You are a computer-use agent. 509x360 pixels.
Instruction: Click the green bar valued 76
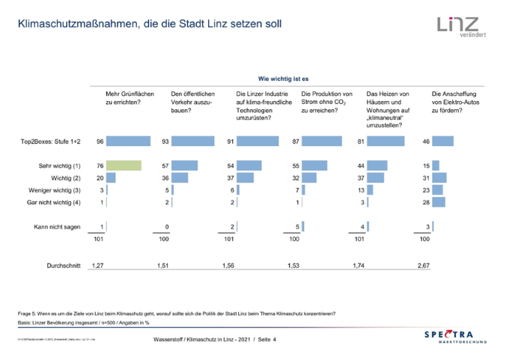[124, 165]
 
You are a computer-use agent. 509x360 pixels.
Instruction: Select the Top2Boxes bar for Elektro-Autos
[443, 141]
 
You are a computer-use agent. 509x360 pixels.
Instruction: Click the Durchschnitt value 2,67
[424, 266]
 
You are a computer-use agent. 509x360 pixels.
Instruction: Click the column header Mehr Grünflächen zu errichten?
[130, 98]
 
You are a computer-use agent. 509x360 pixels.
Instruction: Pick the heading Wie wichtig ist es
[284, 78]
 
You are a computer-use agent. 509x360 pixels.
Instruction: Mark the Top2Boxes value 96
[100, 141]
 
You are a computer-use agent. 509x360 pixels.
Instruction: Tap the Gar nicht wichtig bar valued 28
[439, 202]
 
